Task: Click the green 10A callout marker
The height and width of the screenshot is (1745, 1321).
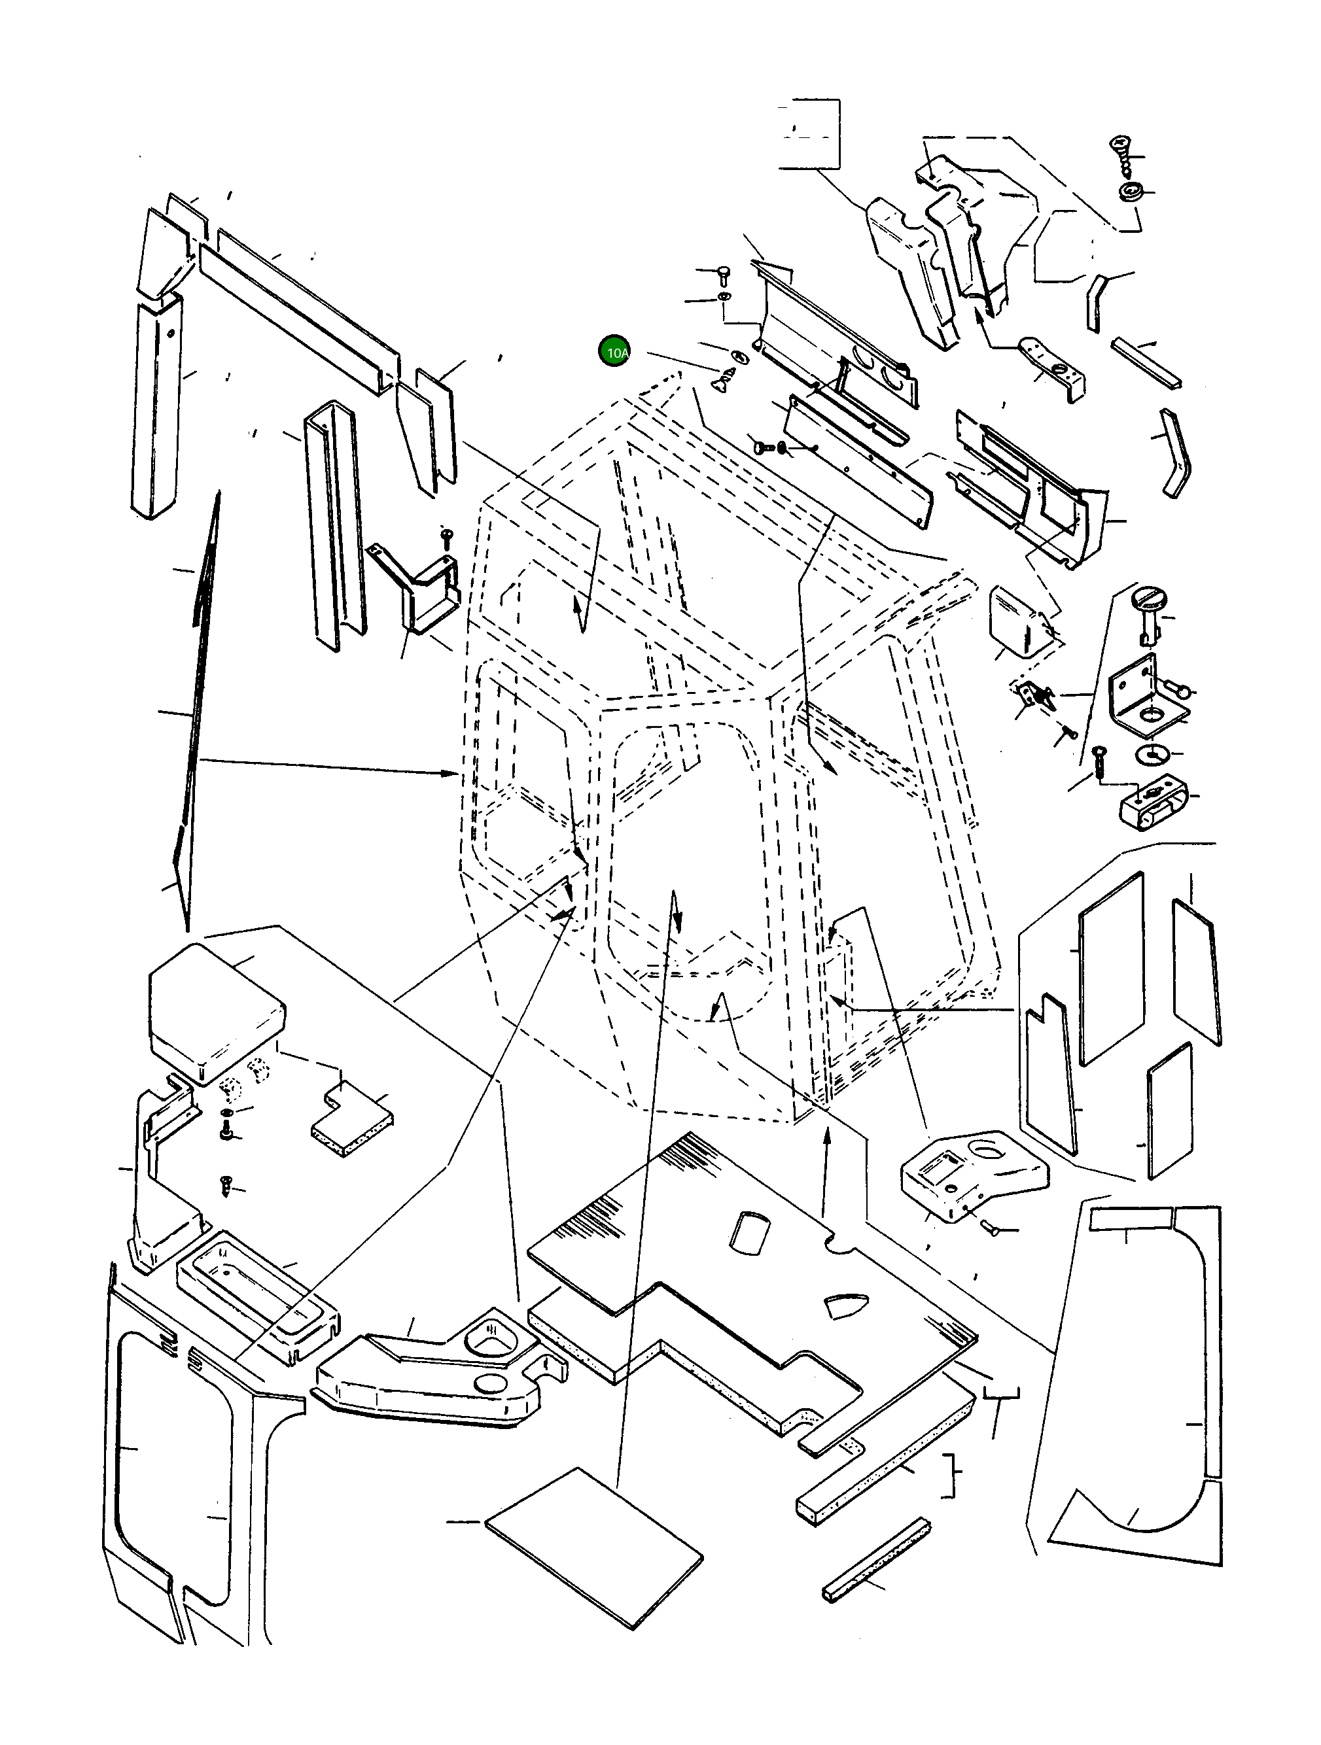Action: [x=615, y=351]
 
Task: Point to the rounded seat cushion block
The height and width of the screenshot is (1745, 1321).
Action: [x=215, y=1012]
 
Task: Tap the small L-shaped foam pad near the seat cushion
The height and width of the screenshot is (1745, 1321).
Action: [x=352, y=1118]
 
